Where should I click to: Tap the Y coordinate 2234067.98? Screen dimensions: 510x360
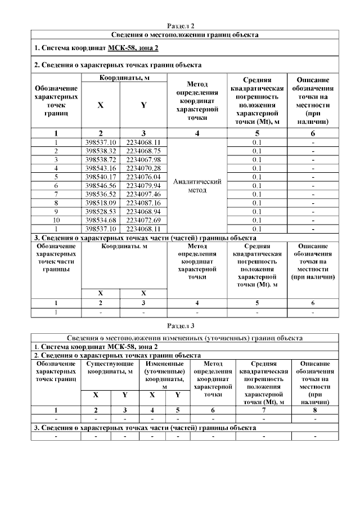coord(143,159)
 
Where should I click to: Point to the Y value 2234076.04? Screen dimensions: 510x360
coord(143,176)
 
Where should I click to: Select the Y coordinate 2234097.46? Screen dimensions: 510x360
coord(143,194)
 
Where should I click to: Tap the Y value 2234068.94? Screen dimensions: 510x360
coord(143,211)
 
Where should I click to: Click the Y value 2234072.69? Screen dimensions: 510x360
coord(143,220)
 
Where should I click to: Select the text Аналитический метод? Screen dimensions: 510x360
coord(197,186)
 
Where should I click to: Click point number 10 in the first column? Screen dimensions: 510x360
coord(56,220)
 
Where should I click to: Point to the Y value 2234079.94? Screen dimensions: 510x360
coord(143,185)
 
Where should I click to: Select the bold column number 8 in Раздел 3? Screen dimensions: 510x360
coord(314,409)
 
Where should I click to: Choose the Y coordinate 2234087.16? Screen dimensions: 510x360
coord(143,202)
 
